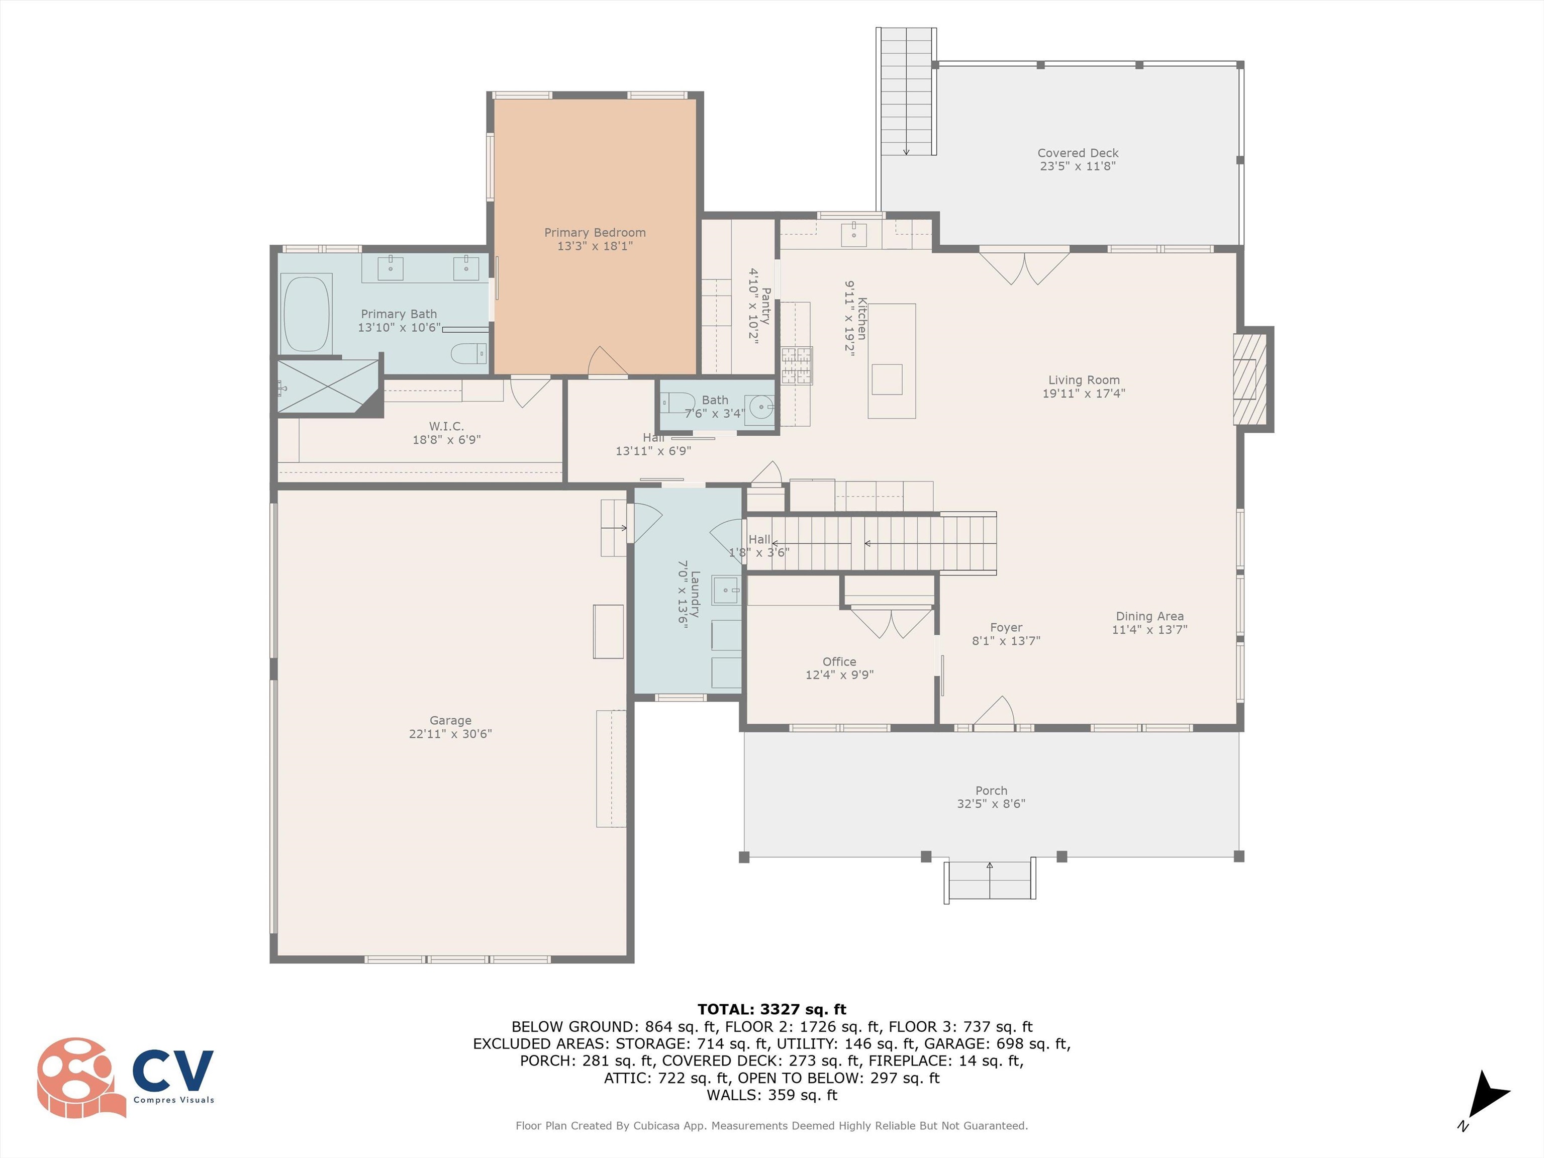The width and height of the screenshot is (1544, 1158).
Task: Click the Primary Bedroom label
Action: pos(595,232)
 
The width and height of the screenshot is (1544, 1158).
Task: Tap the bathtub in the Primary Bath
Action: pos(306,314)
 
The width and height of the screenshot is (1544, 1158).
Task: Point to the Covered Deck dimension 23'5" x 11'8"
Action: pos(1078,166)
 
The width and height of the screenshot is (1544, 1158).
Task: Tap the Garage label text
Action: pos(450,720)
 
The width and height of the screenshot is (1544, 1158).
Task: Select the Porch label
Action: pos(991,790)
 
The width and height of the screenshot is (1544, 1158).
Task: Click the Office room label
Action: pos(839,661)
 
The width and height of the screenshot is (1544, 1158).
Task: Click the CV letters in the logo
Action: pos(173,1070)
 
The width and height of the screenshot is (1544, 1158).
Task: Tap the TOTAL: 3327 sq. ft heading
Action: pos(771,1009)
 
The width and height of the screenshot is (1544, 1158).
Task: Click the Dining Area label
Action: pos(1149,616)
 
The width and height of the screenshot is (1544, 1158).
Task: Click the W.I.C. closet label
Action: pos(446,426)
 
